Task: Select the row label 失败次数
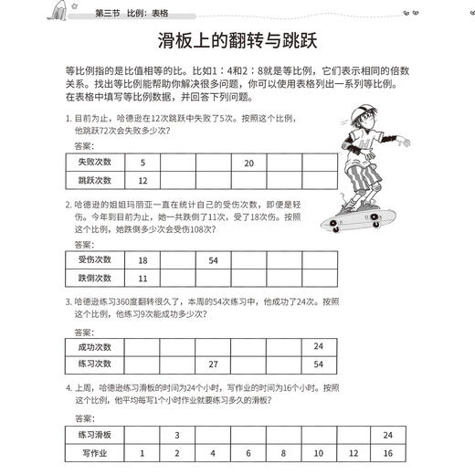[94, 163]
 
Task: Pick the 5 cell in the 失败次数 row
[142, 163]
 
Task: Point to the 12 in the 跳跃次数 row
[142, 180]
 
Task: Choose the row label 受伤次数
[94, 259]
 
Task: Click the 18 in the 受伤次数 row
[142, 259]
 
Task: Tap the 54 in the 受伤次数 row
[213, 259]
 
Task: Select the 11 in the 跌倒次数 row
[142, 277]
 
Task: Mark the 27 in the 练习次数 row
[213, 364]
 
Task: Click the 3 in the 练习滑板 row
[176, 434]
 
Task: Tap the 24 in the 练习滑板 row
[387, 434]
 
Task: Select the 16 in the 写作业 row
[387, 452]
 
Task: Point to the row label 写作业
[94, 452]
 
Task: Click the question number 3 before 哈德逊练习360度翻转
[68, 301]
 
